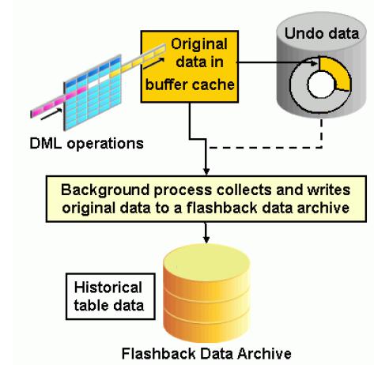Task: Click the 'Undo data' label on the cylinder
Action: point(322,34)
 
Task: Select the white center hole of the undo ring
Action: point(321,85)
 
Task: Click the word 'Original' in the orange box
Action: point(199,45)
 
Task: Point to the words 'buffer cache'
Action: point(190,85)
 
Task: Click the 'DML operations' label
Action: point(86,144)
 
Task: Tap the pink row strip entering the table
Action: point(59,101)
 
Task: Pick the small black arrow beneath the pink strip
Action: point(51,115)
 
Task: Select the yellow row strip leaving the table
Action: point(138,61)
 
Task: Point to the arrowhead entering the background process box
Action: point(206,171)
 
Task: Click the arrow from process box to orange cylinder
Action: point(206,233)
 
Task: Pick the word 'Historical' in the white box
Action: point(108,287)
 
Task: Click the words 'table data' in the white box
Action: point(109,306)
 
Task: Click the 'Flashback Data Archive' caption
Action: point(206,353)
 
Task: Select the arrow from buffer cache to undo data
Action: point(277,62)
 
